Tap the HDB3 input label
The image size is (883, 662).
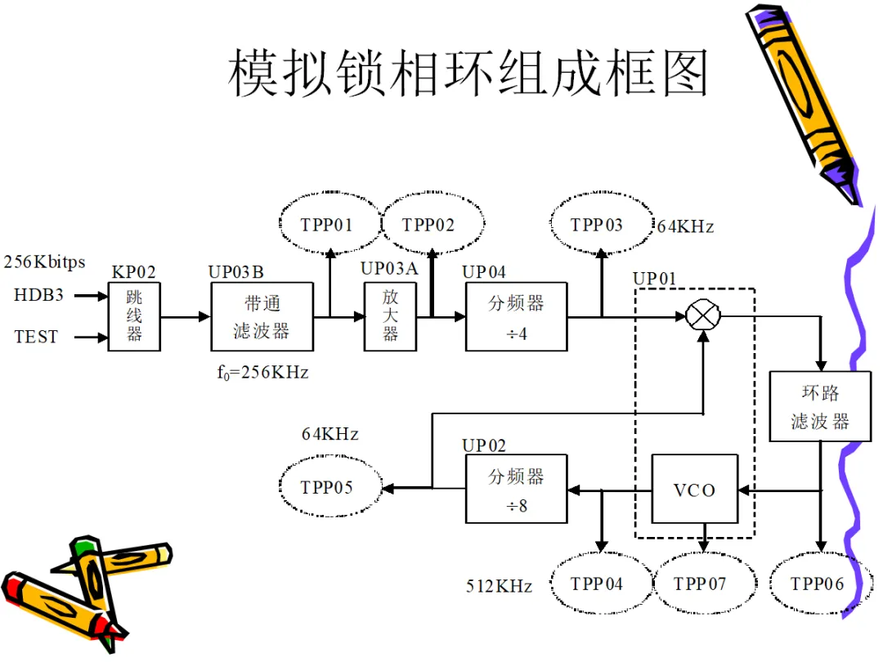[39, 295]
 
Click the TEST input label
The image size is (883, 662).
[36, 337]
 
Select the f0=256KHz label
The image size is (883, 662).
[263, 372]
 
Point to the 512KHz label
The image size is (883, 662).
[499, 586]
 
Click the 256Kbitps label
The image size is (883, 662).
[44, 262]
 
